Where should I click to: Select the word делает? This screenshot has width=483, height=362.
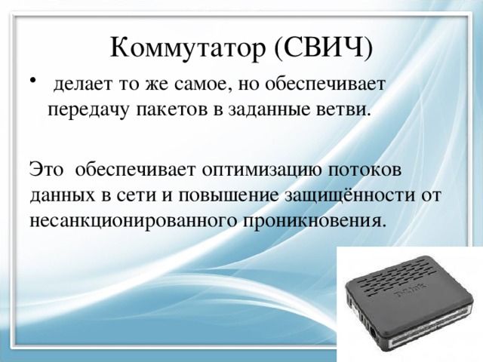pyautogui.click(x=86, y=84)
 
